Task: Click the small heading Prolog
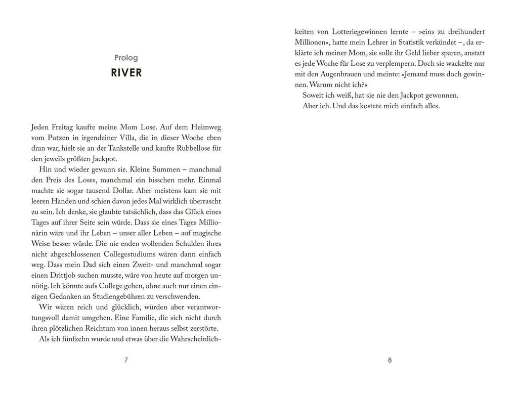(126, 58)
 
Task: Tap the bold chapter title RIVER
(126, 73)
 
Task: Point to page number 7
(126, 360)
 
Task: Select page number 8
(390, 360)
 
